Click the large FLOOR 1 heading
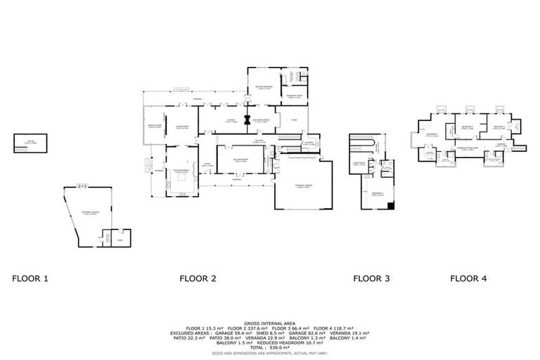pos(30,278)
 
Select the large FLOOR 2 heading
pos(198,278)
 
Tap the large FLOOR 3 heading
pos(371,278)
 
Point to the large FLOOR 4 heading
pos(468,278)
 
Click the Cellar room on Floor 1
pos(30,143)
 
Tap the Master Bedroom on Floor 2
pos(264,87)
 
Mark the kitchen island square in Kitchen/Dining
pos(181,177)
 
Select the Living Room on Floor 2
pos(180,127)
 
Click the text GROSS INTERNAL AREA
pos(269,323)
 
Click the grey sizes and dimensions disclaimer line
pos(269,353)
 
